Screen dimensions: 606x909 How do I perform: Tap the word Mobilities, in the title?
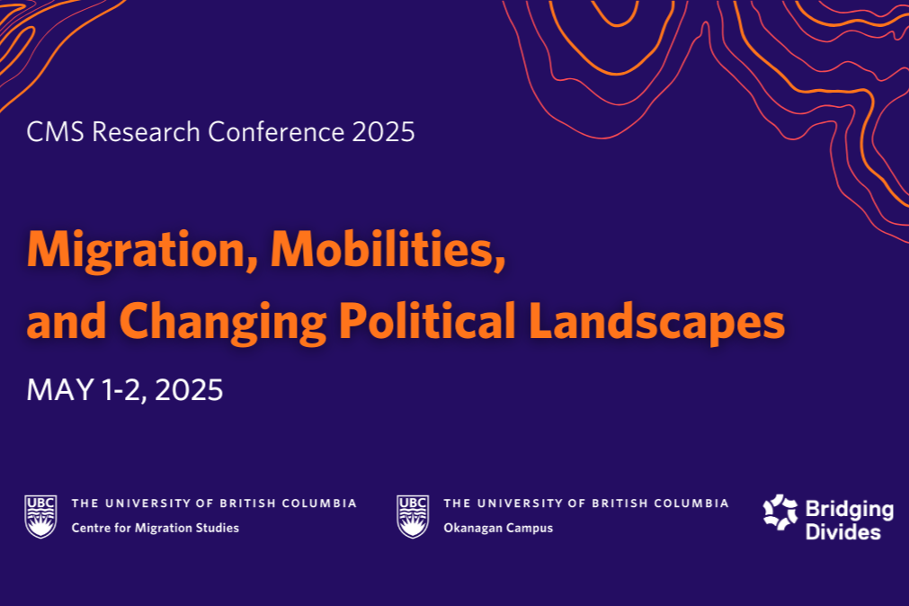tap(388, 249)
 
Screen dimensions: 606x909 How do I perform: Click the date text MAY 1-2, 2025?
tap(125, 389)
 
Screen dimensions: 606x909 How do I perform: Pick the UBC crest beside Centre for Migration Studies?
tap(40, 515)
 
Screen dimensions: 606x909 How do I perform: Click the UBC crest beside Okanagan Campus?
tap(413, 515)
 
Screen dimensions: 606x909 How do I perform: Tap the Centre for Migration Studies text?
tap(156, 528)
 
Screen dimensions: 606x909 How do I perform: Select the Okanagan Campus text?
tap(498, 528)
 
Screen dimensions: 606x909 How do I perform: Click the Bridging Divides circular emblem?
tap(780, 512)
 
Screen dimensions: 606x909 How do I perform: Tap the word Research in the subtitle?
tap(148, 132)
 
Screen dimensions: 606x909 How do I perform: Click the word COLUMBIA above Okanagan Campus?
tap(692, 504)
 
